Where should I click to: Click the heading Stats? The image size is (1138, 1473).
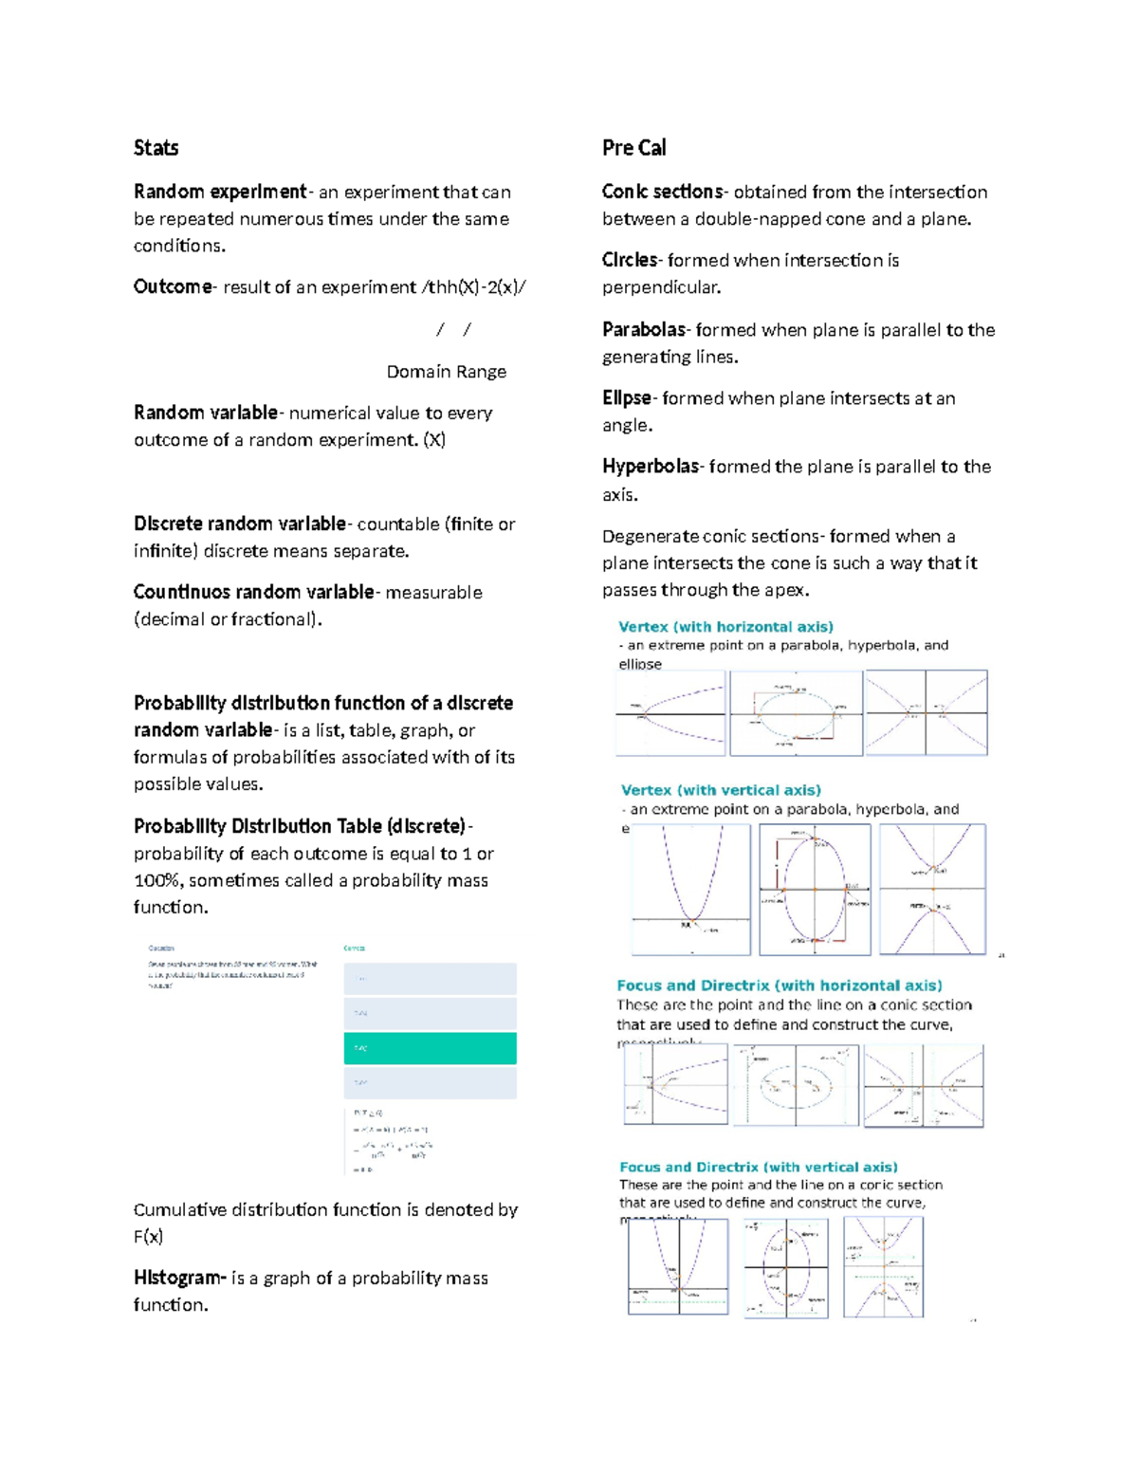click(156, 148)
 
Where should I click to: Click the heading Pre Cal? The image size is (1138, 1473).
click(633, 148)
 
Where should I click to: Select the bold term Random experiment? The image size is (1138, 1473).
click(220, 192)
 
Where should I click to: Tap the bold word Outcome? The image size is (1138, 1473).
click(173, 286)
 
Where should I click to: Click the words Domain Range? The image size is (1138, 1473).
click(446, 372)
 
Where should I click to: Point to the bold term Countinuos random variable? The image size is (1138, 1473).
click(253, 592)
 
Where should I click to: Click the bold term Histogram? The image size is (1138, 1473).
click(178, 1278)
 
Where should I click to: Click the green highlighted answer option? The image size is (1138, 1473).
click(430, 1048)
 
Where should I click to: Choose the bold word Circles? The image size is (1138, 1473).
click(630, 260)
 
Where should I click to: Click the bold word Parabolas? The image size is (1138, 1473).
click(644, 330)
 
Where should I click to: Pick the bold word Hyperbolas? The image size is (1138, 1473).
click(651, 467)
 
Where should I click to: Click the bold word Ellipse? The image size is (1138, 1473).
click(627, 398)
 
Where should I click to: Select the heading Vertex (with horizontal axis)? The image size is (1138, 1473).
click(725, 627)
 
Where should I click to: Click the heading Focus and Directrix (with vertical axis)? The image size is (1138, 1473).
click(758, 1167)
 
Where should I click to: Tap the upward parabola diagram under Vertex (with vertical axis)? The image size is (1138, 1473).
click(691, 889)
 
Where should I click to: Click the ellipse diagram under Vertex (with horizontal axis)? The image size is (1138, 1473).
click(796, 713)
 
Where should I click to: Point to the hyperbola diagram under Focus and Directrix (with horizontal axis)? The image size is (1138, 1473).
click(923, 1085)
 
